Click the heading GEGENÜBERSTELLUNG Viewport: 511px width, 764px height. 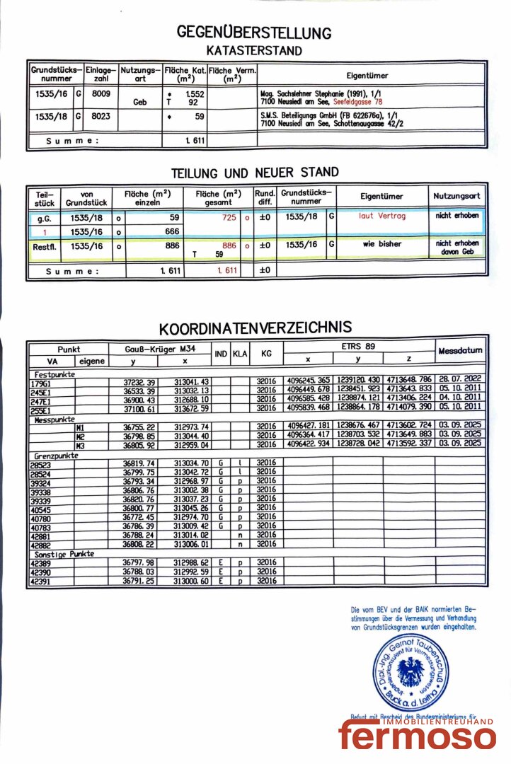254,33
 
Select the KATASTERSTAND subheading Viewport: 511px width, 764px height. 254,51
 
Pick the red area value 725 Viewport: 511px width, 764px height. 229,218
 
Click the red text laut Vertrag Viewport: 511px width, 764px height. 382,216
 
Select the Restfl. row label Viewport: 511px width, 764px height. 44,246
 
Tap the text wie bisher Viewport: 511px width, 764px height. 381,244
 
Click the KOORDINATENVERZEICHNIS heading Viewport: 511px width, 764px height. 255,329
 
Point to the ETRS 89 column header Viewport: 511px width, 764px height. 360,346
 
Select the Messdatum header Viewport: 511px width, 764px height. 460,351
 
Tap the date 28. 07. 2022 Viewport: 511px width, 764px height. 460,381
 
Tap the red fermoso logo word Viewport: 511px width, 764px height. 417,736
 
